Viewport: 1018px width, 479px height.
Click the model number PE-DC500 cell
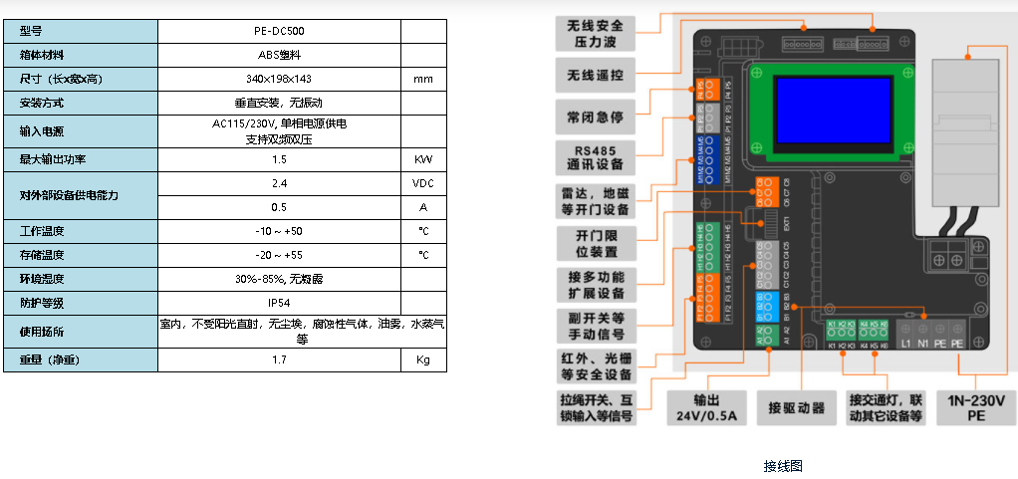[279, 31]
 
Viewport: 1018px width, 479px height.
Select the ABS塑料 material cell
[279, 55]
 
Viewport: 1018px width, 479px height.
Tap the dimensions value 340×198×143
[279, 79]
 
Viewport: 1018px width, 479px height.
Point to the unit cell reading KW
[423, 159]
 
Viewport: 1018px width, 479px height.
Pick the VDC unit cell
[423, 183]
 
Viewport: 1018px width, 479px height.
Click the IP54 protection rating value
[279, 302]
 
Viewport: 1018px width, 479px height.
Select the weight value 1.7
[279, 359]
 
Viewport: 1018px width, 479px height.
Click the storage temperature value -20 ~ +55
[279, 255]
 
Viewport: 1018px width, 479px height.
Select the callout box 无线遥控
[596, 75]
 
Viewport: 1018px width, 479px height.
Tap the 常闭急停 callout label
[596, 117]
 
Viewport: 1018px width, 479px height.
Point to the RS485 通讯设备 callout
[596, 157]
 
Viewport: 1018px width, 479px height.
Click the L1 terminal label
[907, 344]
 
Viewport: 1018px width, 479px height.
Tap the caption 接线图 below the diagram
[783, 466]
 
